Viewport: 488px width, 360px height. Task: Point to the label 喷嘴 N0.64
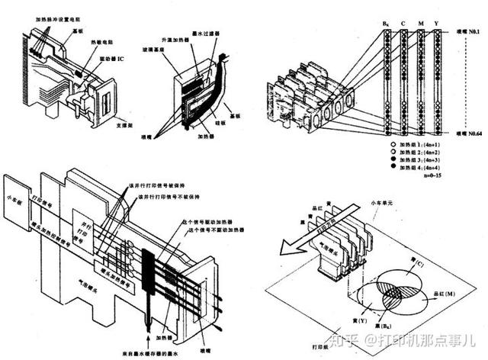click(469, 132)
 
